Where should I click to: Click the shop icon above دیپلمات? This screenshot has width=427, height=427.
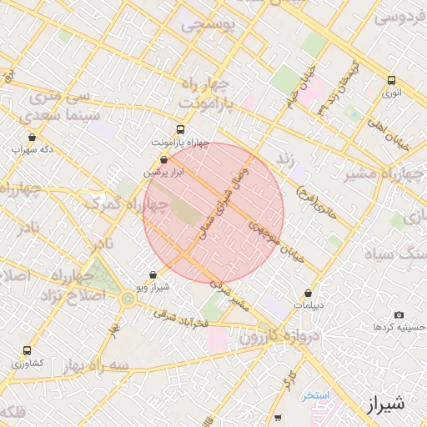[309, 294]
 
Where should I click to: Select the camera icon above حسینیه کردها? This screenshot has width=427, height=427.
[399, 314]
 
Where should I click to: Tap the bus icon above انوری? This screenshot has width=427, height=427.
[392, 81]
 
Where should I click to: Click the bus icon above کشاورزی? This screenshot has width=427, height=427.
[28, 351]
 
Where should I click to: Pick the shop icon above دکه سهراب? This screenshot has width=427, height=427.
[32, 138]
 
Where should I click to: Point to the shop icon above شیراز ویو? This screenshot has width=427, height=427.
[152, 274]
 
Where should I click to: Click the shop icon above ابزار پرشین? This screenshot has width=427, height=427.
[162, 158]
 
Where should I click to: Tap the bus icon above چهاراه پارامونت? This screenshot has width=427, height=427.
[180, 129]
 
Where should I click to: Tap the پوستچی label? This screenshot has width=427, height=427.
[208, 24]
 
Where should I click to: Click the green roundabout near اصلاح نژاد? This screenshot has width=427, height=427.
[128, 299]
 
